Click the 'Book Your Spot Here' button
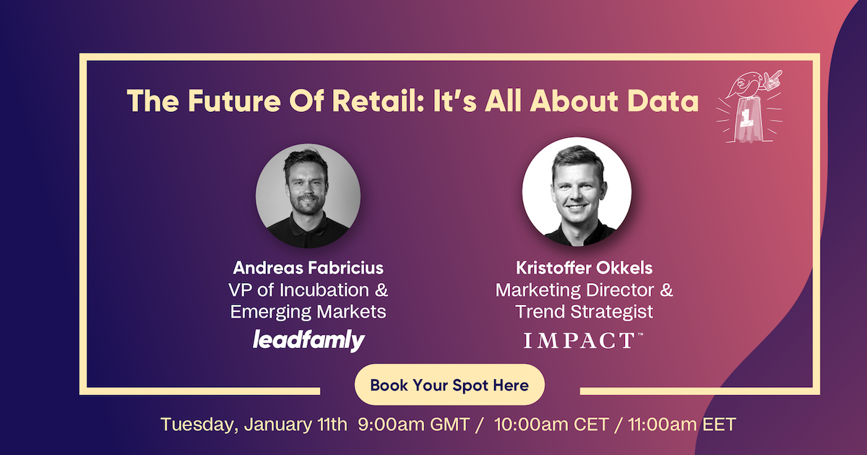[x=449, y=384]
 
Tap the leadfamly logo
[x=309, y=340]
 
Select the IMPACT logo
[x=583, y=340]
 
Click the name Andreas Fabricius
[x=308, y=268]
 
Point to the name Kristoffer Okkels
[x=584, y=268]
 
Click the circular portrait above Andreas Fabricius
[x=308, y=196]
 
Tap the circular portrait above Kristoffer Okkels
[x=577, y=192]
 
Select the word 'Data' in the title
[x=663, y=101]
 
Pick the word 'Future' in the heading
[x=234, y=101]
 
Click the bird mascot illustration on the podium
[x=749, y=106]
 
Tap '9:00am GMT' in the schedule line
[x=414, y=425]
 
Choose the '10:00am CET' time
[x=551, y=425]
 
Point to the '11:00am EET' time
[x=681, y=425]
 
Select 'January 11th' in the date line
[x=296, y=425]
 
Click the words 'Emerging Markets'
[x=308, y=312]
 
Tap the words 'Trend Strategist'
[x=584, y=312]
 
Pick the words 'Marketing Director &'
[x=584, y=290]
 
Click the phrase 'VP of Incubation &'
[x=308, y=290]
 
